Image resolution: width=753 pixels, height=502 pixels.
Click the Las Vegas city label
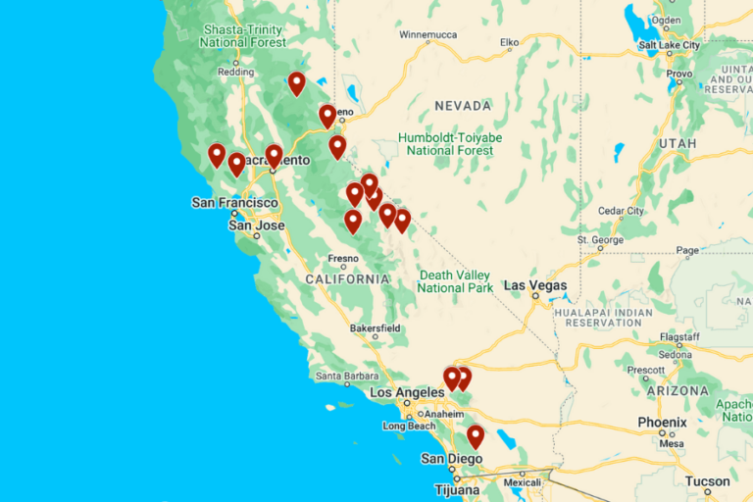(535, 285)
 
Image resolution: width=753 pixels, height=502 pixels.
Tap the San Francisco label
(234, 203)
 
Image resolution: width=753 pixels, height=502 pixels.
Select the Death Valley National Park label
(455, 281)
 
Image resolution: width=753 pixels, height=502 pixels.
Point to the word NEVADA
(463, 105)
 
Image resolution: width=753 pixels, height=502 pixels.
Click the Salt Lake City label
(669, 45)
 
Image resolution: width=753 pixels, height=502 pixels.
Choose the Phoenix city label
(662, 423)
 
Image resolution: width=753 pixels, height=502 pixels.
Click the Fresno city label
(343, 259)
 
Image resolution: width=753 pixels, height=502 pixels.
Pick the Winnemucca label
(428, 35)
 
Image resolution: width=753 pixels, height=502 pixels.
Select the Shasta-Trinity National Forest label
(243, 36)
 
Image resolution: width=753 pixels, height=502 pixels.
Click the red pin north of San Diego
(476, 436)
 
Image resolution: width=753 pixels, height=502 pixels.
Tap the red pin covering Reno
(327, 117)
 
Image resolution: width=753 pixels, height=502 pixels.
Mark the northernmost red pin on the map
(296, 83)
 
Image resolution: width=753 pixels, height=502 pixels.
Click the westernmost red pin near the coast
(217, 155)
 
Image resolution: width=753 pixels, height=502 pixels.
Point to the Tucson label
(707, 481)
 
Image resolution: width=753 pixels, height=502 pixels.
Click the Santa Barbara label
(342, 375)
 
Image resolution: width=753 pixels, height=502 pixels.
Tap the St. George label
(600, 239)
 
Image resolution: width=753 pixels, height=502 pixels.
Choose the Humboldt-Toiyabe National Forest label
(450, 144)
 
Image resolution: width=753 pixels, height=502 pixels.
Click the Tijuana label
(458, 489)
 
